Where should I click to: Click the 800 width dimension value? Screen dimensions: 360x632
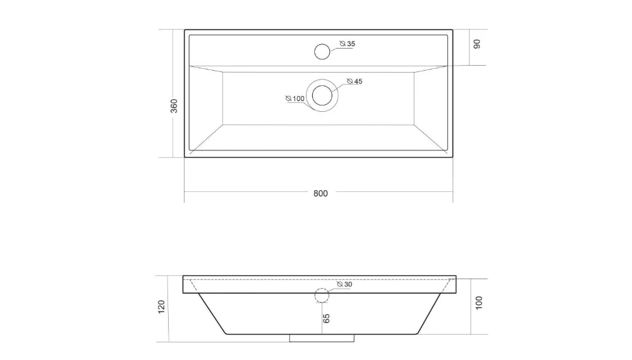click(320, 193)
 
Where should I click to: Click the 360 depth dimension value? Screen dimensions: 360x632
click(174, 105)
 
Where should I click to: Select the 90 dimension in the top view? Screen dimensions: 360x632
click(477, 44)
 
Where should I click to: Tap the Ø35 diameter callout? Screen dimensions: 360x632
click(347, 44)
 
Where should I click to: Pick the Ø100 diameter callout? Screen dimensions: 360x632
click(295, 99)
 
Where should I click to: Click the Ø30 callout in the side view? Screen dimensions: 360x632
click(344, 284)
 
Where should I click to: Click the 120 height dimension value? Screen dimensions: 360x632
click(162, 308)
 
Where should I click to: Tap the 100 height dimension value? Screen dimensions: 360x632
click(478, 303)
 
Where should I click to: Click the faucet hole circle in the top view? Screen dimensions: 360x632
click(322, 51)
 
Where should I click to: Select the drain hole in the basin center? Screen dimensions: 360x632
click(322, 95)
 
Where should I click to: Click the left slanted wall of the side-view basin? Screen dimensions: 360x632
click(212, 313)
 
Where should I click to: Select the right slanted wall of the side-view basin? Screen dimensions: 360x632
click(432, 313)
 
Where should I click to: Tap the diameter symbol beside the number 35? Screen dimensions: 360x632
click(342, 44)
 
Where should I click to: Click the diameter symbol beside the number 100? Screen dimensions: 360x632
click(288, 99)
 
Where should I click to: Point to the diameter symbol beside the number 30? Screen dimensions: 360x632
click(340, 284)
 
